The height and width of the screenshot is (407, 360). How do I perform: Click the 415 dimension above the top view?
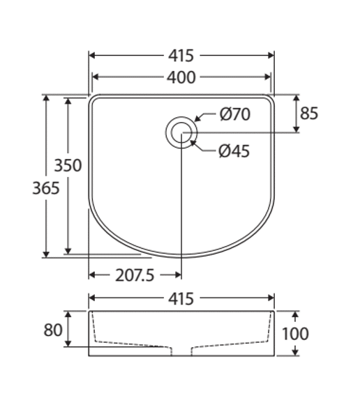coord(181,56)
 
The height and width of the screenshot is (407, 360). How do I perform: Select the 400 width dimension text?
coord(181,77)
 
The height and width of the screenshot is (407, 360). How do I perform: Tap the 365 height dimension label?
coord(46,188)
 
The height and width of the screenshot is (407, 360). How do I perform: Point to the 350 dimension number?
coord(68,165)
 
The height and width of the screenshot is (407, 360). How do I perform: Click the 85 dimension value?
coord(309,114)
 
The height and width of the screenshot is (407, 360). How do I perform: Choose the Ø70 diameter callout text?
coord(235,114)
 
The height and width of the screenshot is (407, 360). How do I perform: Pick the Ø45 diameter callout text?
coord(234,151)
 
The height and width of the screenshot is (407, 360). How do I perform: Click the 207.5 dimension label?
coord(135,275)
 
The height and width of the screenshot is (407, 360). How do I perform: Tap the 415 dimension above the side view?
coord(181,299)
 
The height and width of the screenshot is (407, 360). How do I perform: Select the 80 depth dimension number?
coord(53,330)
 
